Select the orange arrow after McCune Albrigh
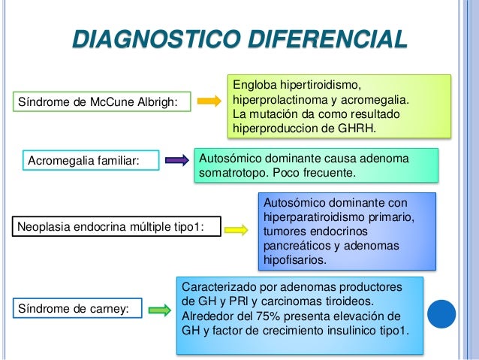pyautogui.click(x=209, y=100)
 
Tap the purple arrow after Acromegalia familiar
pyautogui.click(x=176, y=159)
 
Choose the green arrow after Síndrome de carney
pyautogui.click(x=158, y=308)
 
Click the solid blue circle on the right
pyautogui.click(x=441, y=313)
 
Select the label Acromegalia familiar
pyautogui.click(x=83, y=160)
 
